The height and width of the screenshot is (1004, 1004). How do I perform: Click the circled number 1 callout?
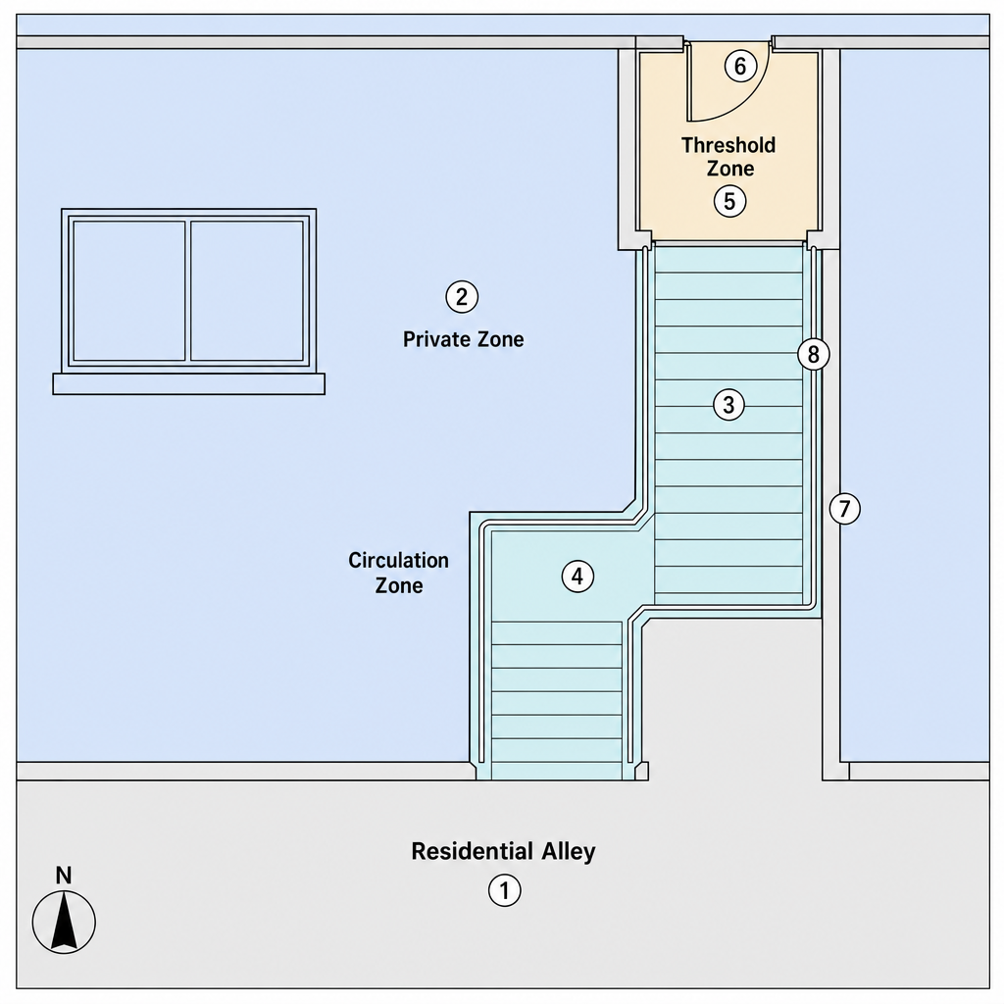505,890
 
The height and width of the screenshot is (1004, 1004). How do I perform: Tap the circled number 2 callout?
462,296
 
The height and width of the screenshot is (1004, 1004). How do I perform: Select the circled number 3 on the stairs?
728,405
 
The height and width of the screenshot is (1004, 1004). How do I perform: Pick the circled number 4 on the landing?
577,577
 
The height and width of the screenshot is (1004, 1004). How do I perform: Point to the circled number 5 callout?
729,201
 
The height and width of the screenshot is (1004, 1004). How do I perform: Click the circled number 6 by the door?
740,66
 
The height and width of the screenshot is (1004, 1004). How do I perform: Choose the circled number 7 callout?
844,509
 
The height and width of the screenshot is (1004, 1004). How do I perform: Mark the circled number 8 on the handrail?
813,354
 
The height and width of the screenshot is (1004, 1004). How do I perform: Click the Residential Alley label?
503,852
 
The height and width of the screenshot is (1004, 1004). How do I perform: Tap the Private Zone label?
463,338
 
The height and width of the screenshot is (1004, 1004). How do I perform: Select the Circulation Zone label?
398,573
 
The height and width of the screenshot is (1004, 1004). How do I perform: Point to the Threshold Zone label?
728,156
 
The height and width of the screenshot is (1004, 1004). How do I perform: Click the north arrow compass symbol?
64,922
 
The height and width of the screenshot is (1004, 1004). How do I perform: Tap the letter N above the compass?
64,876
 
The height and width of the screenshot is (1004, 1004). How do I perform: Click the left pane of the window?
129,291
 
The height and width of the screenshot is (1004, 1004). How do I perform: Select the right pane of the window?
247,291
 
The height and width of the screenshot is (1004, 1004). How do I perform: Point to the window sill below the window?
189,384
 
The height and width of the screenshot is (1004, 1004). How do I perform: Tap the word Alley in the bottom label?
569,852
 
